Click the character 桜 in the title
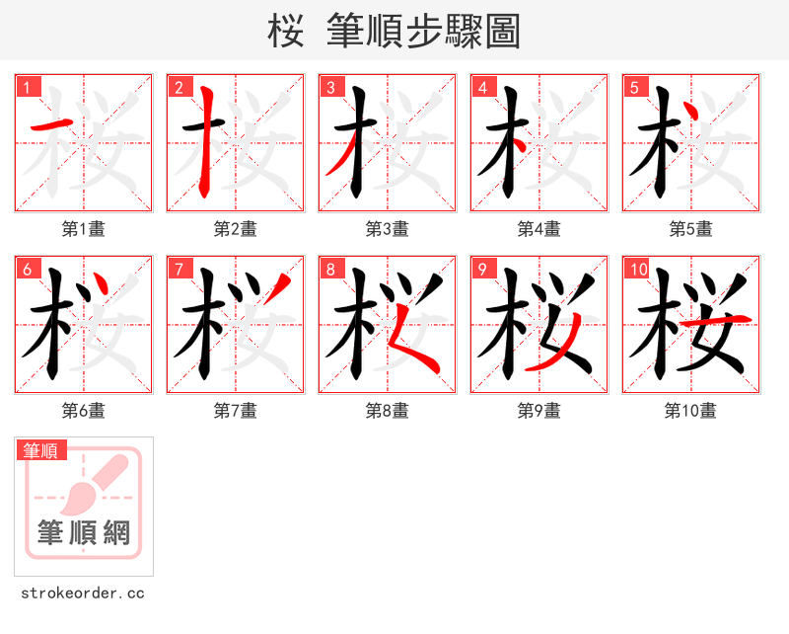pyautogui.click(x=285, y=32)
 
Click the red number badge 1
pyautogui.click(x=27, y=88)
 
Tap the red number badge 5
pyautogui.click(x=634, y=88)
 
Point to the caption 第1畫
pyautogui.click(x=83, y=229)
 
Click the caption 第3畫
pyautogui.click(x=387, y=229)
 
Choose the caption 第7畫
pyautogui.click(x=235, y=411)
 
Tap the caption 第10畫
pyautogui.click(x=690, y=411)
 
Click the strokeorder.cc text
pyautogui.click(x=83, y=594)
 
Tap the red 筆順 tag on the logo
pyautogui.click(x=42, y=450)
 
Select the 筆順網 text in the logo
pyautogui.click(x=84, y=533)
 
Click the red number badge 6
pyautogui.click(x=27, y=270)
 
